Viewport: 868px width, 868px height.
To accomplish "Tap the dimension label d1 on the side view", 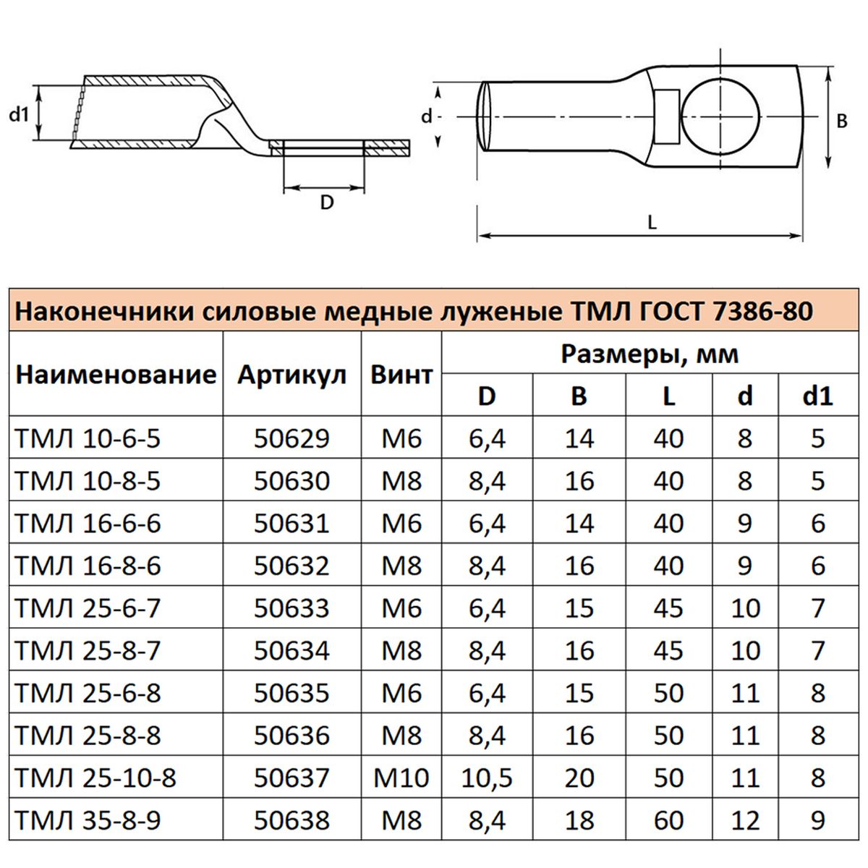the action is pos(19,115).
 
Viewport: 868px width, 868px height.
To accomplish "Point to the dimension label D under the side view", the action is pos(326,203).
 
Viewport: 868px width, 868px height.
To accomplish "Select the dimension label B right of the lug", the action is pos(842,122).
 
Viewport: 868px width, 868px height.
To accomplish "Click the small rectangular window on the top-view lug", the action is pos(667,116).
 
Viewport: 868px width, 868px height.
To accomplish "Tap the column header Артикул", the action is pos(292,375).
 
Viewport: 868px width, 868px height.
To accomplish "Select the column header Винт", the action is pos(401,375).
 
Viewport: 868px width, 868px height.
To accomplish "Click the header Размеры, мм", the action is pos(650,354).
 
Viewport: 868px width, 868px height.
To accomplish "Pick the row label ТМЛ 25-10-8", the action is pos(95,778).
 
